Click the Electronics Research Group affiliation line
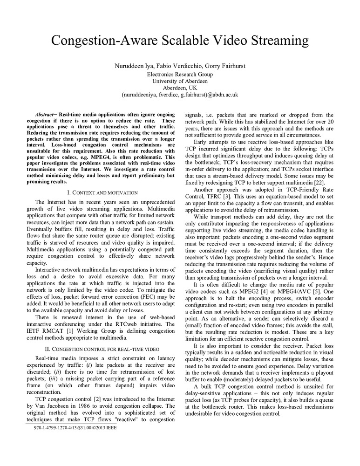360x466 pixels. click(x=180, y=74)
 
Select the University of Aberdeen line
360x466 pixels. click(x=180, y=81)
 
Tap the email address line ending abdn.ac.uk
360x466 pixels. click(x=180, y=94)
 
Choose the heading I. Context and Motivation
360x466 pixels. click(x=102, y=192)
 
